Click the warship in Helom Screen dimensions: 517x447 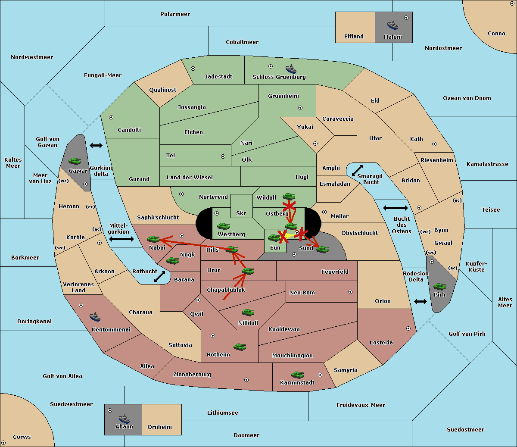tap(392, 25)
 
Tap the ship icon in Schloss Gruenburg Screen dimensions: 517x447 tap(291, 69)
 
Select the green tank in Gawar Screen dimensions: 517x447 tap(75, 161)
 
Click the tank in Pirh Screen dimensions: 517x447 tap(439, 286)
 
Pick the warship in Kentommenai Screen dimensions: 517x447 tap(95, 317)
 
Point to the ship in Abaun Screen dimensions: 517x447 tap(124, 419)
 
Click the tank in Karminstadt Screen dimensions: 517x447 tap(297, 375)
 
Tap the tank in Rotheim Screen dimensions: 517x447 tap(240, 347)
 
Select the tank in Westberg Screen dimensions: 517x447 tap(223, 226)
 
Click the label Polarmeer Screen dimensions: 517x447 tap(175, 14)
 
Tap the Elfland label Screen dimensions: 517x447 tap(354, 37)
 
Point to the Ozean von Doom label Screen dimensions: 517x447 tap(467, 98)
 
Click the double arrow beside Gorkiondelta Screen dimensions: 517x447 tap(96, 145)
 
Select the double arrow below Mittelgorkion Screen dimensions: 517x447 tap(121, 239)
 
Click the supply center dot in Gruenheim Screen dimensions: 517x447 tap(300, 108)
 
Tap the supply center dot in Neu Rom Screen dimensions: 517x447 tap(350, 292)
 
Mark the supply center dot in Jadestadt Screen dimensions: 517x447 tap(193, 69)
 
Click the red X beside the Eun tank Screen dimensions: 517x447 tap(283, 237)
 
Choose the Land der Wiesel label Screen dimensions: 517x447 tap(190, 178)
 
